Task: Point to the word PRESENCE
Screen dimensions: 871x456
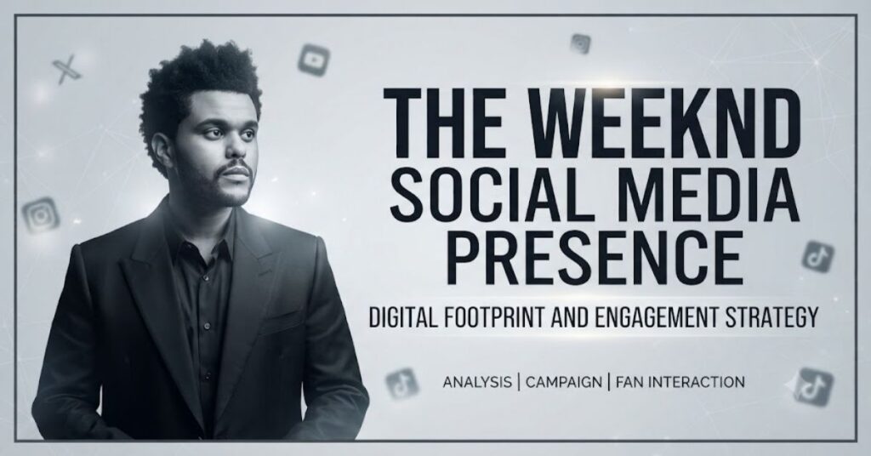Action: click(x=595, y=259)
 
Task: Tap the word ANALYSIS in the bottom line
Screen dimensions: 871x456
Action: click(x=477, y=382)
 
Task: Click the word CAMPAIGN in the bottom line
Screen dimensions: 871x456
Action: click(x=563, y=382)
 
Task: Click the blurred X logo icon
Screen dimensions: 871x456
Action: click(x=66, y=70)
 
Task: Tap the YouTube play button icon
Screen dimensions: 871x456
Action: click(x=314, y=60)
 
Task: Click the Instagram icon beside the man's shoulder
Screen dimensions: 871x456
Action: click(x=41, y=215)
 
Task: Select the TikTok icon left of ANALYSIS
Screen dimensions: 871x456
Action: click(x=401, y=384)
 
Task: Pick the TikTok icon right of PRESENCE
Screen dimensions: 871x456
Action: click(x=817, y=257)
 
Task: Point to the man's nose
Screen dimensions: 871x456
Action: click(x=234, y=145)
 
